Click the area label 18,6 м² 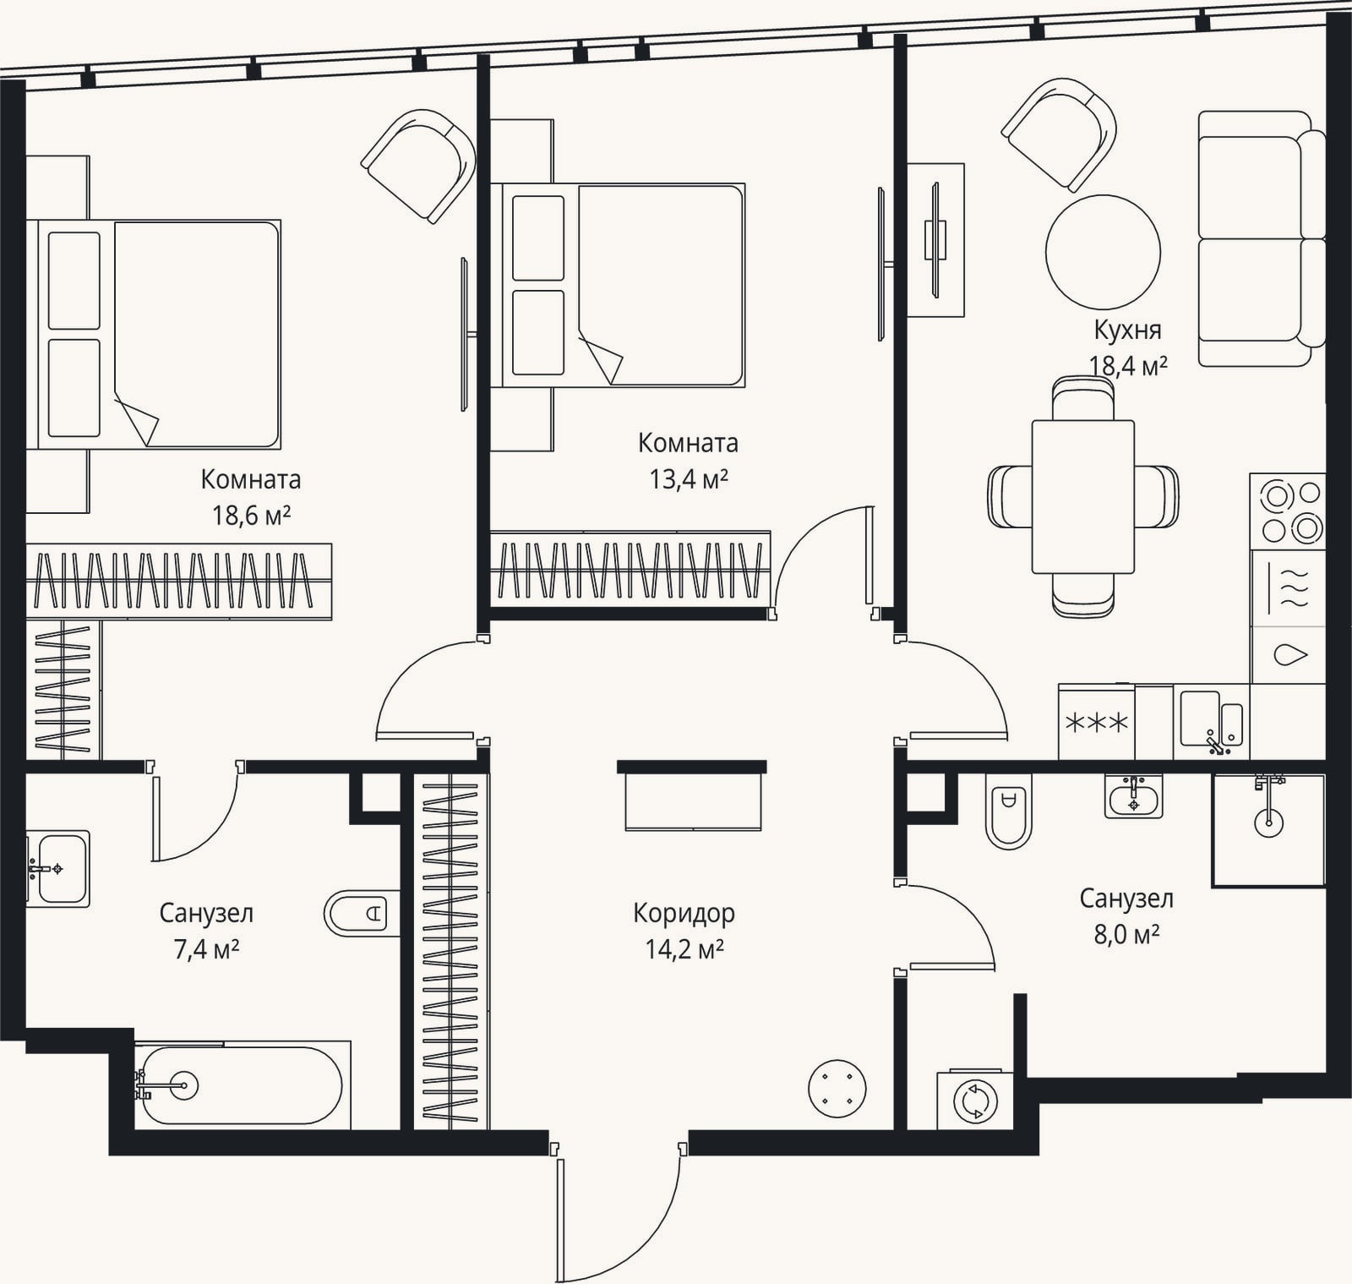251,515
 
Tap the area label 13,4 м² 689,479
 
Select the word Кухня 1127,330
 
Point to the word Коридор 684,913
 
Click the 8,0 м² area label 1126,935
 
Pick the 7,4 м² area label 206,949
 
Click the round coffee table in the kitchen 1103,252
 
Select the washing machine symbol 975,1101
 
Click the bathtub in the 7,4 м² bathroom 241,1085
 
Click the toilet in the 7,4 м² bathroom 362,913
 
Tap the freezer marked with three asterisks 1097,722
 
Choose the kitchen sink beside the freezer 1212,722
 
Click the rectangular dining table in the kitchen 1082,497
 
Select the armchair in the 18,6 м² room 418,166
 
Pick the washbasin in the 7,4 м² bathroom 57,869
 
